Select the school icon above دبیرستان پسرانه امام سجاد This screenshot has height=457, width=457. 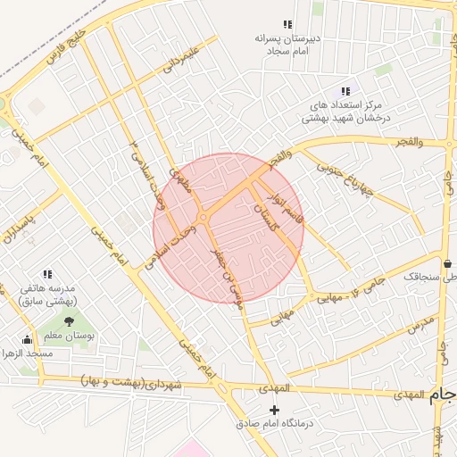pyautogui.click(x=287, y=25)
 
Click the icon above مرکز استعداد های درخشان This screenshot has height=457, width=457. pyautogui.click(x=345, y=91)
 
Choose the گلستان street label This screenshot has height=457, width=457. pyautogui.click(x=267, y=217)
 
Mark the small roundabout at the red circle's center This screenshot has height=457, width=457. pyautogui.click(x=204, y=218)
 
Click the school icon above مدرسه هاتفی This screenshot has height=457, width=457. pyautogui.click(x=46, y=274)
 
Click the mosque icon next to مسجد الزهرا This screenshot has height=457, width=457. pyautogui.click(x=27, y=339)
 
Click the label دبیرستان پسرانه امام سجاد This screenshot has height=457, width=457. pyautogui.click(x=287, y=46)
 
